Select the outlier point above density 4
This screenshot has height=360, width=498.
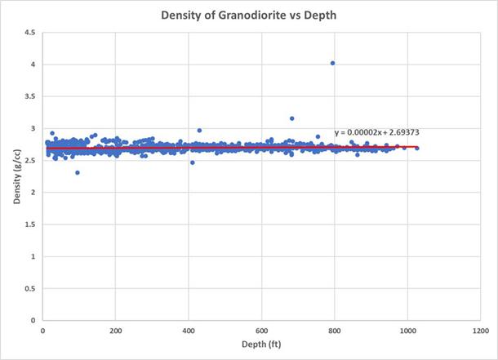point(332,63)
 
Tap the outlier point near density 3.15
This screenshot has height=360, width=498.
point(292,118)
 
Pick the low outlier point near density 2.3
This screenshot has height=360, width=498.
point(78,172)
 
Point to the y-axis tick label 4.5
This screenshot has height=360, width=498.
point(29,33)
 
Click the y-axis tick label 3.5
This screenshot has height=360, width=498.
point(29,96)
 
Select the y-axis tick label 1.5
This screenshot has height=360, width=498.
point(29,224)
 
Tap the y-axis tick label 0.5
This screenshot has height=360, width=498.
point(29,288)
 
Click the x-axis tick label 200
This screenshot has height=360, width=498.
point(115,331)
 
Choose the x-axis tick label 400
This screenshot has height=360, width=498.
point(189,331)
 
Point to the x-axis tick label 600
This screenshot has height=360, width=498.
point(261,331)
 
